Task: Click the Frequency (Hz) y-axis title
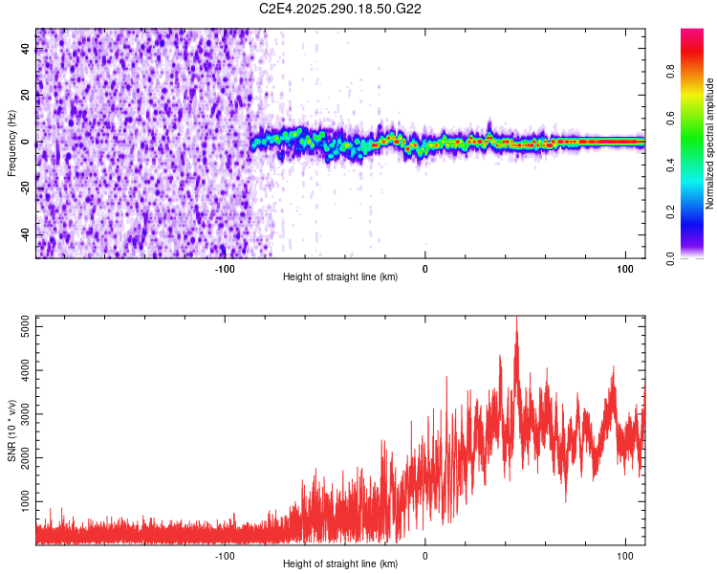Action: pyautogui.click(x=11, y=143)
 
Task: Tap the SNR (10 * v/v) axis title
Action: pyautogui.click(x=11, y=430)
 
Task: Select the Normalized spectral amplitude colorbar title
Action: pyautogui.click(x=710, y=143)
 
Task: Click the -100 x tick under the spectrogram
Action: pyautogui.click(x=225, y=269)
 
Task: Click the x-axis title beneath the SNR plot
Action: pyautogui.click(x=340, y=564)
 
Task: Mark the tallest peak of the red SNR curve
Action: pyautogui.click(x=516, y=319)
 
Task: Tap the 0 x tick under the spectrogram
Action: pyautogui.click(x=425, y=269)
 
